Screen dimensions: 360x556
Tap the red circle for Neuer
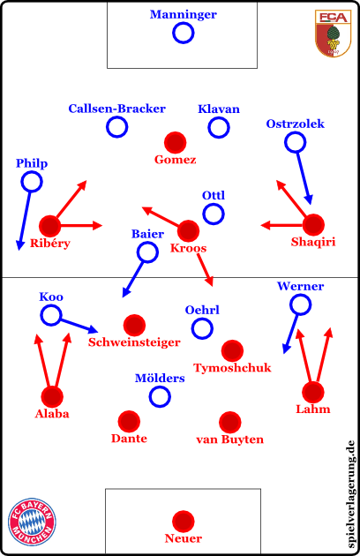(183, 522)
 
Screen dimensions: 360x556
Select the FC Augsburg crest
(333, 34)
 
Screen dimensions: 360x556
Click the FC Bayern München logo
(32, 522)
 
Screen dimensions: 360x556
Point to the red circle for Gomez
(176, 143)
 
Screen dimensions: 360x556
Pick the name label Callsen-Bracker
(117, 109)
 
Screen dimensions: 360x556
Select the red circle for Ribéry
(50, 226)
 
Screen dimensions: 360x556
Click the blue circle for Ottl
(214, 214)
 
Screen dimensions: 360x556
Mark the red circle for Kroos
(188, 231)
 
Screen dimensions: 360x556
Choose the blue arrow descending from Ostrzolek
(304, 178)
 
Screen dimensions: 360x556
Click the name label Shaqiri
(313, 242)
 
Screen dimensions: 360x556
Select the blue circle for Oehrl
(202, 328)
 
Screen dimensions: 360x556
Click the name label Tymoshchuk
(232, 368)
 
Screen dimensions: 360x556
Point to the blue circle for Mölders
(160, 396)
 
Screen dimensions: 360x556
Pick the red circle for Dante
(129, 422)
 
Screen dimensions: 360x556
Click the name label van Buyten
(229, 440)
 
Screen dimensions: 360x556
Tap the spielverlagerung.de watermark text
(350, 494)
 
